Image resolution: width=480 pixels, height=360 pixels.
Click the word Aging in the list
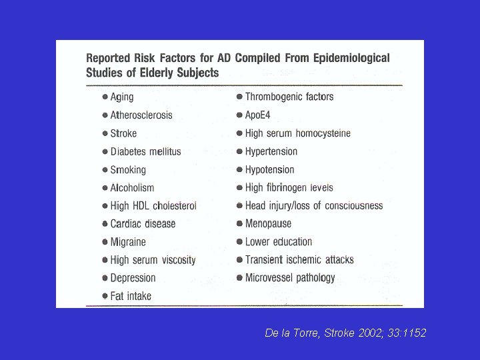pos(122,97)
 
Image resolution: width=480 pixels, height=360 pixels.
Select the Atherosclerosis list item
pos(141,115)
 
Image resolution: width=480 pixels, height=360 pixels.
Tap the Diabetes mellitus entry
pos(145,151)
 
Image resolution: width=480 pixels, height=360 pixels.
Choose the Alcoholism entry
pos(132,187)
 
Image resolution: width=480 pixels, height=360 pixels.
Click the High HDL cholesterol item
pos(153,205)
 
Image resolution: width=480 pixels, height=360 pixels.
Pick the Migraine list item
pos(128,241)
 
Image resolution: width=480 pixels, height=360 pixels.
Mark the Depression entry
pos(133,277)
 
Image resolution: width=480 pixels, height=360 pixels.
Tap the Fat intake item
pos(131,295)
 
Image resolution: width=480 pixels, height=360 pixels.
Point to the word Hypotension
pos(269,169)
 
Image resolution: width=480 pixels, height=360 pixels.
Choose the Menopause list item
pos(268,223)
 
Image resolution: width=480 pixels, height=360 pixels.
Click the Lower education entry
pos(279,241)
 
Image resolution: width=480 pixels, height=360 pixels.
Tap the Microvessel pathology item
pos(290,277)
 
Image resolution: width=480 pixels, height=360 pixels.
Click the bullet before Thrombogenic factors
pos(239,97)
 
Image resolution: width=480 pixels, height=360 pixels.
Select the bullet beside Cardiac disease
pos(105,223)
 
